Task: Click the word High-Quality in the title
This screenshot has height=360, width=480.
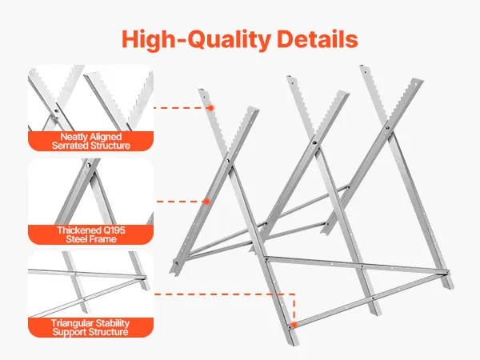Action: coord(196,39)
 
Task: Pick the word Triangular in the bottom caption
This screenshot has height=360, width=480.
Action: coord(71,323)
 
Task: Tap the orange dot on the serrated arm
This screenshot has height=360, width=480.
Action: coord(211,108)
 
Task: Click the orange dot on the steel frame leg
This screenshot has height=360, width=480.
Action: coord(206,202)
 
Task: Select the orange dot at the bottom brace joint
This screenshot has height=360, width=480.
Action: coord(294,325)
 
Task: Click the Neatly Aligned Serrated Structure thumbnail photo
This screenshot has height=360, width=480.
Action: coord(90,98)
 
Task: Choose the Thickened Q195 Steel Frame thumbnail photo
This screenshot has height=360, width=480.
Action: coord(90,192)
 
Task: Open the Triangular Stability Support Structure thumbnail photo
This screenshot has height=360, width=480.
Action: coord(90,284)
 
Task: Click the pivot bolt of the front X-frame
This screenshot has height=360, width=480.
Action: coord(227,160)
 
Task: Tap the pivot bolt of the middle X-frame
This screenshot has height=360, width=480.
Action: coord(314,142)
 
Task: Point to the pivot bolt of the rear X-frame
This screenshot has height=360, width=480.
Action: coord(387,128)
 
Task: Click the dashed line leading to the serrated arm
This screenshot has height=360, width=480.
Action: coord(181,108)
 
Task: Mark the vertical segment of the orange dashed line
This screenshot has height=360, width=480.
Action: coord(294,308)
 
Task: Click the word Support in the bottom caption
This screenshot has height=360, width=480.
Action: coord(70,332)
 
